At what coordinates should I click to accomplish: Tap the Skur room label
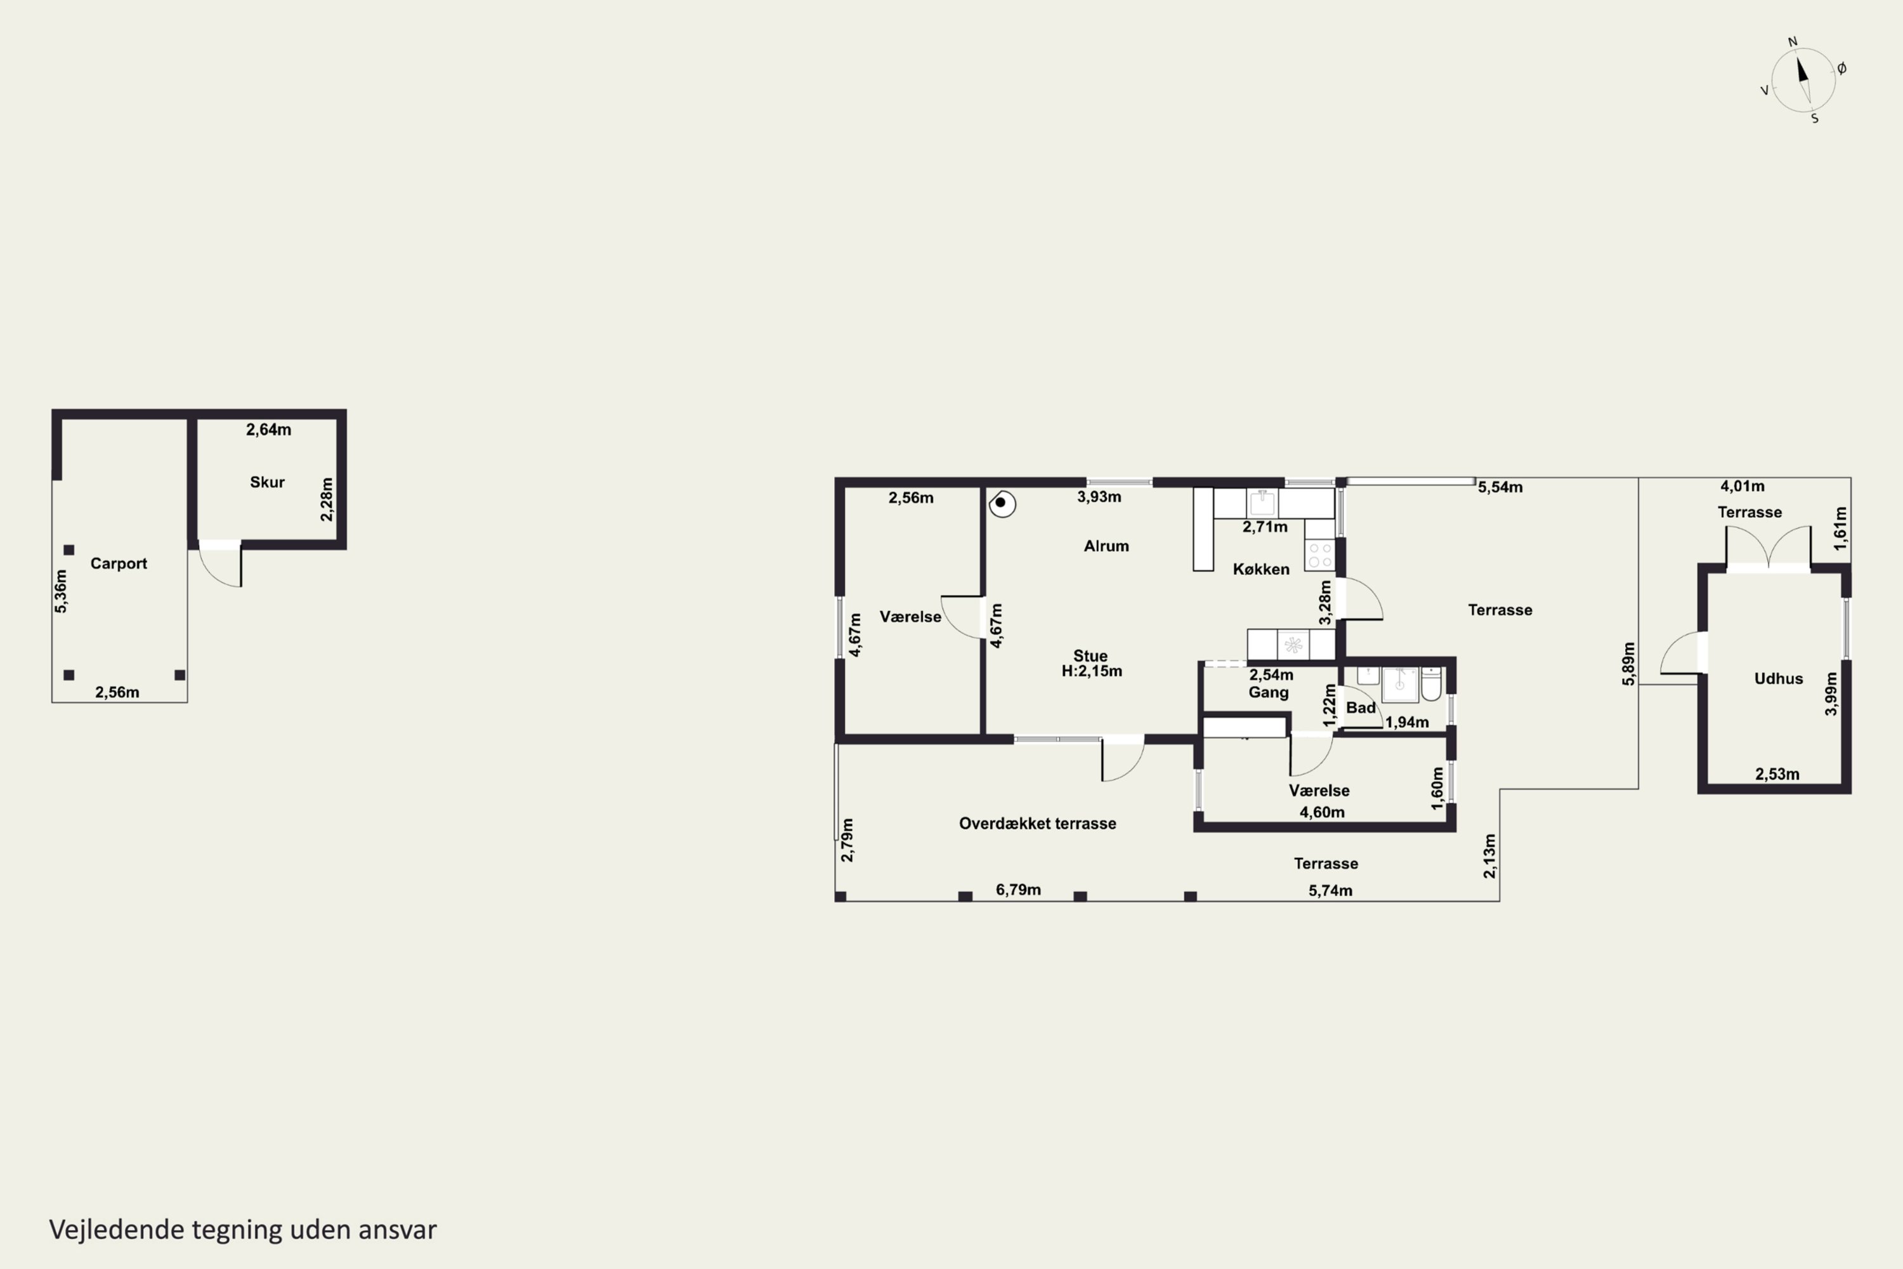click(x=267, y=482)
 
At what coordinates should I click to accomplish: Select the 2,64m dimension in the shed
click(x=268, y=430)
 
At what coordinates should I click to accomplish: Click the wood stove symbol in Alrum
click(x=1002, y=503)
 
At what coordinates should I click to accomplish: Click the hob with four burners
click(x=1319, y=556)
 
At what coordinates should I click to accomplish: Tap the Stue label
click(x=1090, y=655)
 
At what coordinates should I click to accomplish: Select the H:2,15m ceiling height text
click(x=1092, y=671)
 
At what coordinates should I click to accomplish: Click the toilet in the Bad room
click(x=1430, y=684)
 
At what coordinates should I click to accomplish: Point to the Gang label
click(x=1268, y=693)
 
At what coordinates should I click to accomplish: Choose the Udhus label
click(x=1779, y=679)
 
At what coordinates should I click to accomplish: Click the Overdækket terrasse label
click(x=1037, y=824)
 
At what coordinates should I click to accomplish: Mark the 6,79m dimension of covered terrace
click(x=1018, y=890)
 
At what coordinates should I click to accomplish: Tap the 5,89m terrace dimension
click(x=1629, y=664)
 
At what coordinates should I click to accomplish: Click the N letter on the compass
click(x=1792, y=42)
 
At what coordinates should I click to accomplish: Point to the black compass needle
click(x=1803, y=70)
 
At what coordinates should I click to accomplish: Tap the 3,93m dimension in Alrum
click(x=1099, y=497)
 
